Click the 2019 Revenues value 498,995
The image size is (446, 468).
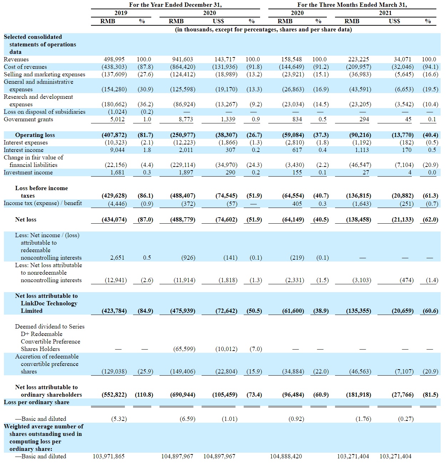tap(114, 59)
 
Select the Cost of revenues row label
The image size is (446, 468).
tap(25, 67)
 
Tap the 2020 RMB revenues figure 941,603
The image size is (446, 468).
tap(183, 59)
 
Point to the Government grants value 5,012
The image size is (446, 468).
tap(117, 119)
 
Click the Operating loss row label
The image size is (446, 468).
tap(35, 135)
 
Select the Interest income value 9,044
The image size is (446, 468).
tap(117, 150)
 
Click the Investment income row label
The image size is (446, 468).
tap(28, 172)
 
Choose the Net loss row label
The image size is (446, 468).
tap(26, 219)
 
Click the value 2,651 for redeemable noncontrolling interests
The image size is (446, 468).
tap(117, 258)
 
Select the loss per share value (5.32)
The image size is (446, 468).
tap(119, 419)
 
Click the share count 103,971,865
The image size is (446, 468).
tap(109, 456)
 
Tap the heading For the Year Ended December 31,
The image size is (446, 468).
tap(176, 5)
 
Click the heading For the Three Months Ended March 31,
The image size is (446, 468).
tap(352, 5)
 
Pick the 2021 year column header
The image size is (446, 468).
tap(385, 13)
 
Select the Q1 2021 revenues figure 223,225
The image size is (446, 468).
tap(359, 59)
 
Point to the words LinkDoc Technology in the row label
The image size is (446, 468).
tap(49, 303)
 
